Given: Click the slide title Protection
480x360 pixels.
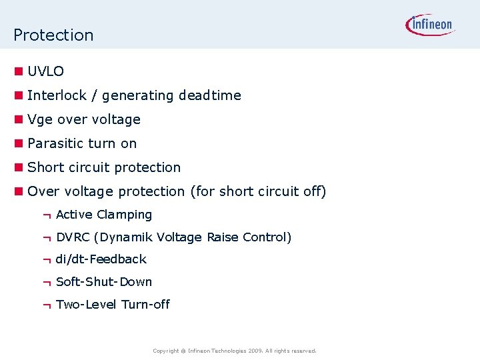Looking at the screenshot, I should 53,35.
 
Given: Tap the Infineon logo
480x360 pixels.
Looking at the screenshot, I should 430,25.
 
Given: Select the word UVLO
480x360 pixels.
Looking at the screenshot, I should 46,71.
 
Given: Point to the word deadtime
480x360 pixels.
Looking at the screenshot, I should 209,95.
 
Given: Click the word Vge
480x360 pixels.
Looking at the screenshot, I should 40,120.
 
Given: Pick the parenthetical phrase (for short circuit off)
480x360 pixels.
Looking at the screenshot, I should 258,191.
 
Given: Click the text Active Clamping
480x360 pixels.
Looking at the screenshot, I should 104,215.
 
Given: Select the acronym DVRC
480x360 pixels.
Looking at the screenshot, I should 73,237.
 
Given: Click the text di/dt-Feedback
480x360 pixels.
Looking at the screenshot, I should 101,259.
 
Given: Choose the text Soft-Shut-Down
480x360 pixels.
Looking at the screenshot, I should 104,282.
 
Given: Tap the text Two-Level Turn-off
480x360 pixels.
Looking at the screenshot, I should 113,305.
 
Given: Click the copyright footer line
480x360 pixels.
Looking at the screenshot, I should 235,351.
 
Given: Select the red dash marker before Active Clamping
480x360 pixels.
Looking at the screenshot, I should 46,215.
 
